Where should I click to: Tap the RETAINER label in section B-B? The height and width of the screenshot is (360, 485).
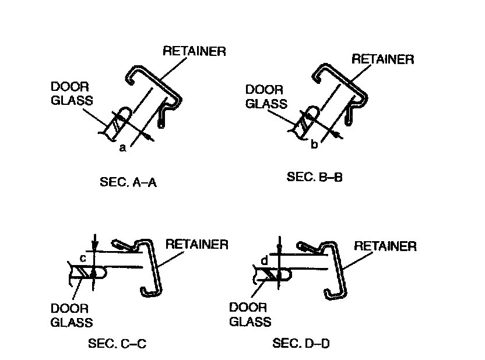tap(383, 59)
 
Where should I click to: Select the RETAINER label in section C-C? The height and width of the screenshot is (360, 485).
tap(197, 244)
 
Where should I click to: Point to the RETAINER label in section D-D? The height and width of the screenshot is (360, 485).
tap(385, 246)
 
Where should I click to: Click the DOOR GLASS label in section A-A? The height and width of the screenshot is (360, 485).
tap(71, 93)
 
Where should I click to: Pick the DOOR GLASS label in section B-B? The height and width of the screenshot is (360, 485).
tap(266, 97)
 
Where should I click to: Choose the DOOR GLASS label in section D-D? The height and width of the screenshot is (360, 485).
tap(250, 315)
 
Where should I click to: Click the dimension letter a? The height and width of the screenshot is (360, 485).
tap(122, 148)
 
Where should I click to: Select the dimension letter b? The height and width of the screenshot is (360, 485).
tap(314, 144)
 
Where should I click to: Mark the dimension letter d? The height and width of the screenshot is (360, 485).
tap(264, 262)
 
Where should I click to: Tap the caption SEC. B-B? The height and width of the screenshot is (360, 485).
tap(314, 177)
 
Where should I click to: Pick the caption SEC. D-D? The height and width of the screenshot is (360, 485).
tap(301, 344)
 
